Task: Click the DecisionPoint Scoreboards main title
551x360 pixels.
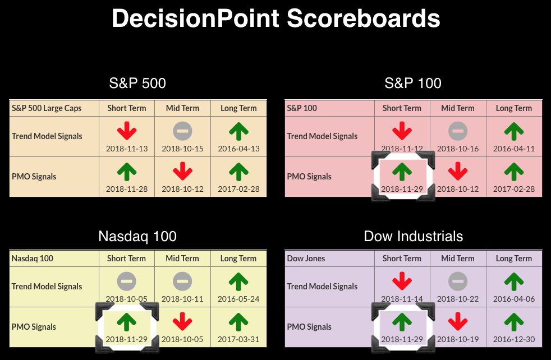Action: coord(276,19)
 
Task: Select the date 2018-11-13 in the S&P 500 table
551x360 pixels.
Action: coord(127,149)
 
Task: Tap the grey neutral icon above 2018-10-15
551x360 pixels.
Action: coord(183,131)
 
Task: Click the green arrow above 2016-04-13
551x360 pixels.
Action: coord(238,131)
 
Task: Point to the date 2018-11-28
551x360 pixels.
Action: coord(127,189)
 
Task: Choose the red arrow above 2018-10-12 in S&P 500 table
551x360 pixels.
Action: coord(183,172)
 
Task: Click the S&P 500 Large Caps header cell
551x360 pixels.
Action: coord(47,108)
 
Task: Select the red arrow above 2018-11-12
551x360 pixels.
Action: coord(402,131)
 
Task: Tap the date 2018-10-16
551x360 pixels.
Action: coord(458,149)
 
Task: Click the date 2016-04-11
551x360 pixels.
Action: coord(514,149)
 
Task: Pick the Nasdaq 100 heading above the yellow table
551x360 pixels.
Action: coord(137,236)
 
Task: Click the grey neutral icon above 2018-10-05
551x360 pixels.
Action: coord(126,281)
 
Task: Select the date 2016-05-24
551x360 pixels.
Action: coord(238,299)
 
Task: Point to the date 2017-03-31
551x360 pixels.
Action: coord(238,339)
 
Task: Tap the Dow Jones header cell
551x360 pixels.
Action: coord(306,259)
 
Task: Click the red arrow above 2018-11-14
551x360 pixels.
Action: coord(402,281)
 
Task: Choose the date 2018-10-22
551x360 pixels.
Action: coord(458,299)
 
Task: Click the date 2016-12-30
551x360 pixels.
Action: coord(514,339)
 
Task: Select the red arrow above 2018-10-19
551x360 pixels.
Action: coord(458,322)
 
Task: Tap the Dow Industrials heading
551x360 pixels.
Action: coord(413,236)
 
